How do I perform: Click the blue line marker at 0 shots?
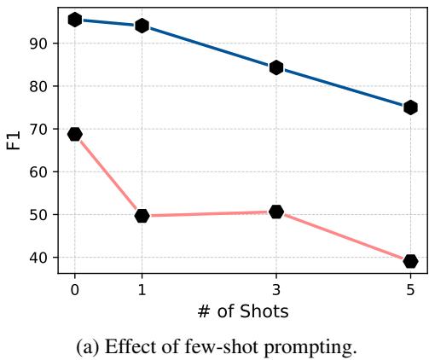pyautogui.click(x=75, y=19)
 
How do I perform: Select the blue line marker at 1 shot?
pyautogui.click(x=142, y=26)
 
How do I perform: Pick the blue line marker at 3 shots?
pyautogui.click(x=276, y=67)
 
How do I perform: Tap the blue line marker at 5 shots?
pyautogui.click(x=410, y=107)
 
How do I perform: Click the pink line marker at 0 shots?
pyautogui.click(x=75, y=134)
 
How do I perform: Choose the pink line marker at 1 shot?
pyautogui.click(x=142, y=216)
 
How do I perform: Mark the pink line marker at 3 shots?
pyautogui.click(x=276, y=212)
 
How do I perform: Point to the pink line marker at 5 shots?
pyautogui.click(x=410, y=261)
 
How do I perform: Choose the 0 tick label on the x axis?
pyautogui.click(x=75, y=289)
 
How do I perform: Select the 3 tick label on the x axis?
pyautogui.click(x=276, y=289)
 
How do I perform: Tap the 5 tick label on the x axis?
pyautogui.click(x=410, y=289)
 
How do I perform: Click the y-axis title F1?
pyautogui.click(x=14, y=140)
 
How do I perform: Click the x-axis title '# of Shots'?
pyautogui.click(x=242, y=311)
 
